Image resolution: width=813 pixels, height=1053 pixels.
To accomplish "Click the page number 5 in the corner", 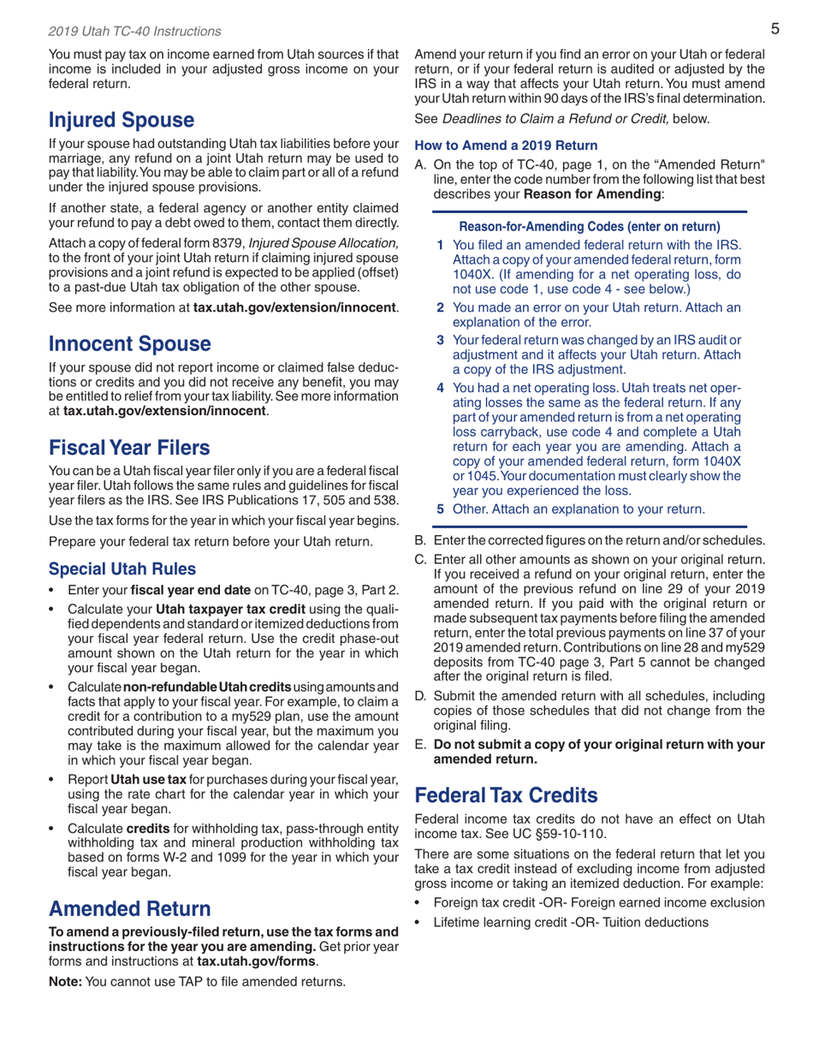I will tap(773, 30).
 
